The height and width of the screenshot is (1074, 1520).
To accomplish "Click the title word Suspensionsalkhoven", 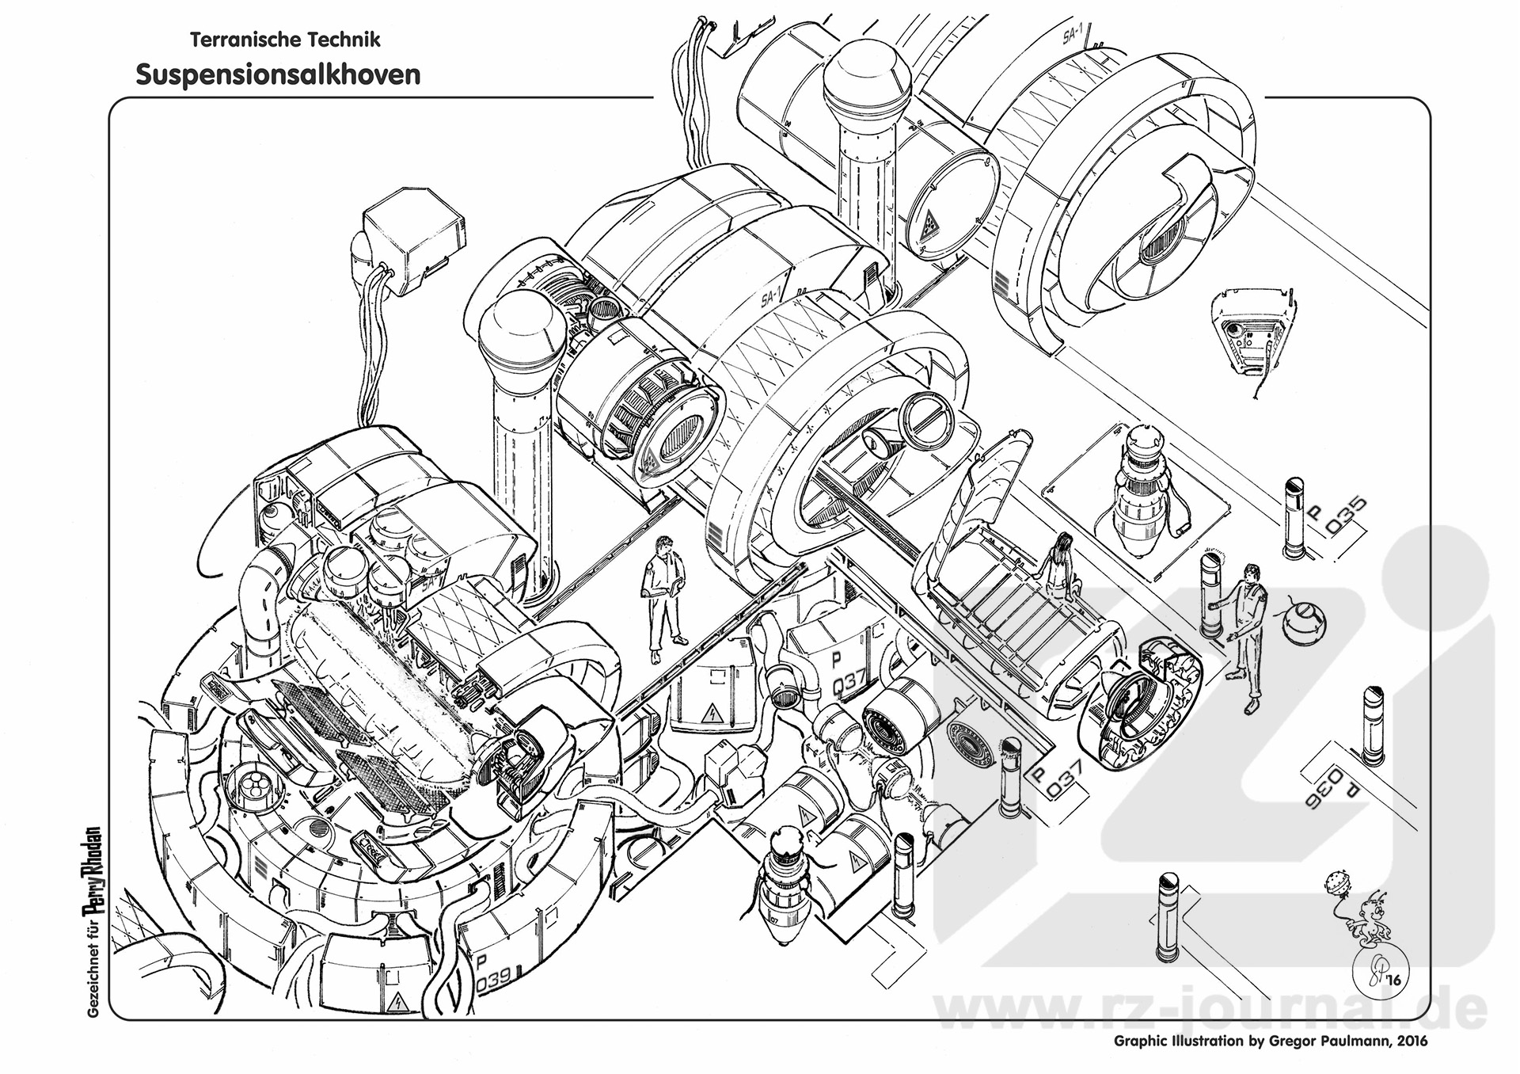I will click(277, 74).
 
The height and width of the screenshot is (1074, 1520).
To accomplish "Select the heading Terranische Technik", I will click(285, 39).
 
